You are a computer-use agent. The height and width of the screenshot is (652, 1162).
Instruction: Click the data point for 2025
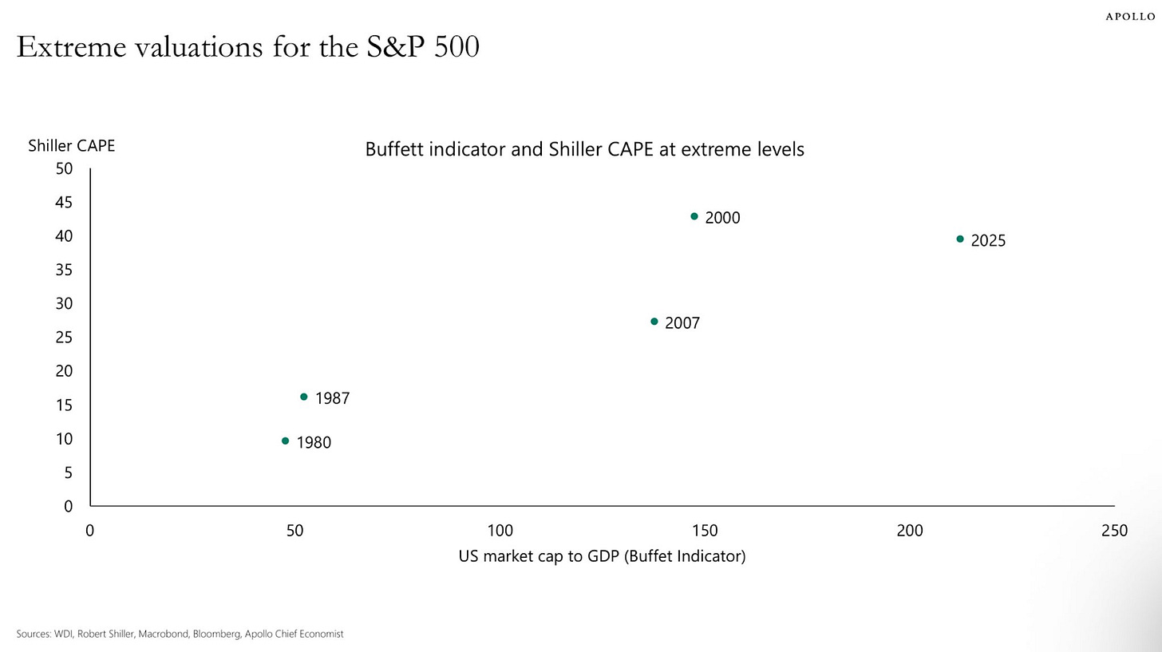click(x=960, y=239)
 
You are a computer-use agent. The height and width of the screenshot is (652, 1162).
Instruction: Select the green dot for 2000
click(x=694, y=216)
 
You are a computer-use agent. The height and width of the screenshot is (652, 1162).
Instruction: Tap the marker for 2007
click(x=654, y=322)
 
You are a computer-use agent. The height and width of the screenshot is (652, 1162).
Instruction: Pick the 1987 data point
click(x=304, y=397)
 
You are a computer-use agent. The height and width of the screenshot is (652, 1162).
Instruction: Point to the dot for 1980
click(x=286, y=441)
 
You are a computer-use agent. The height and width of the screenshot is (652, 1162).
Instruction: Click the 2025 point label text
click(x=988, y=241)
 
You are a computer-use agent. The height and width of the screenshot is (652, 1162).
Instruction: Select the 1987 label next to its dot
click(x=332, y=398)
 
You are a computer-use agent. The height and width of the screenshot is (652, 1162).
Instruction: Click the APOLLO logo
click(x=1130, y=17)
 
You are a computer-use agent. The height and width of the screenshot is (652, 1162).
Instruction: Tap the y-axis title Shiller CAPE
click(x=72, y=146)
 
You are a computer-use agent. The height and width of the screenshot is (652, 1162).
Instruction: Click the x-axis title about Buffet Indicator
click(x=602, y=556)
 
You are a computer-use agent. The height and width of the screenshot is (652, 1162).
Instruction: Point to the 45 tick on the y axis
click(x=64, y=203)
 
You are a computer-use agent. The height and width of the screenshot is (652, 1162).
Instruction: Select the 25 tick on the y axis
click(x=64, y=338)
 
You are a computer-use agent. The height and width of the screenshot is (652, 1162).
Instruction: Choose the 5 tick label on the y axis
click(x=68, y=472)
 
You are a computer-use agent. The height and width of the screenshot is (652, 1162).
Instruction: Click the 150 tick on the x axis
click(x=705, y=531)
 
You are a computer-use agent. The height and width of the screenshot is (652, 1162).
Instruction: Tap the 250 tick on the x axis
click(x=1114, y=531)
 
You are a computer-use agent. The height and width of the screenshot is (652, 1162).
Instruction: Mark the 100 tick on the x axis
click(x=500, y=531)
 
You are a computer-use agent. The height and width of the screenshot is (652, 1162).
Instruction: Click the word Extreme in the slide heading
click(x=71, y=47)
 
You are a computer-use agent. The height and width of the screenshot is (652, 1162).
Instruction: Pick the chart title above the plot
click(x=584, y=149)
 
